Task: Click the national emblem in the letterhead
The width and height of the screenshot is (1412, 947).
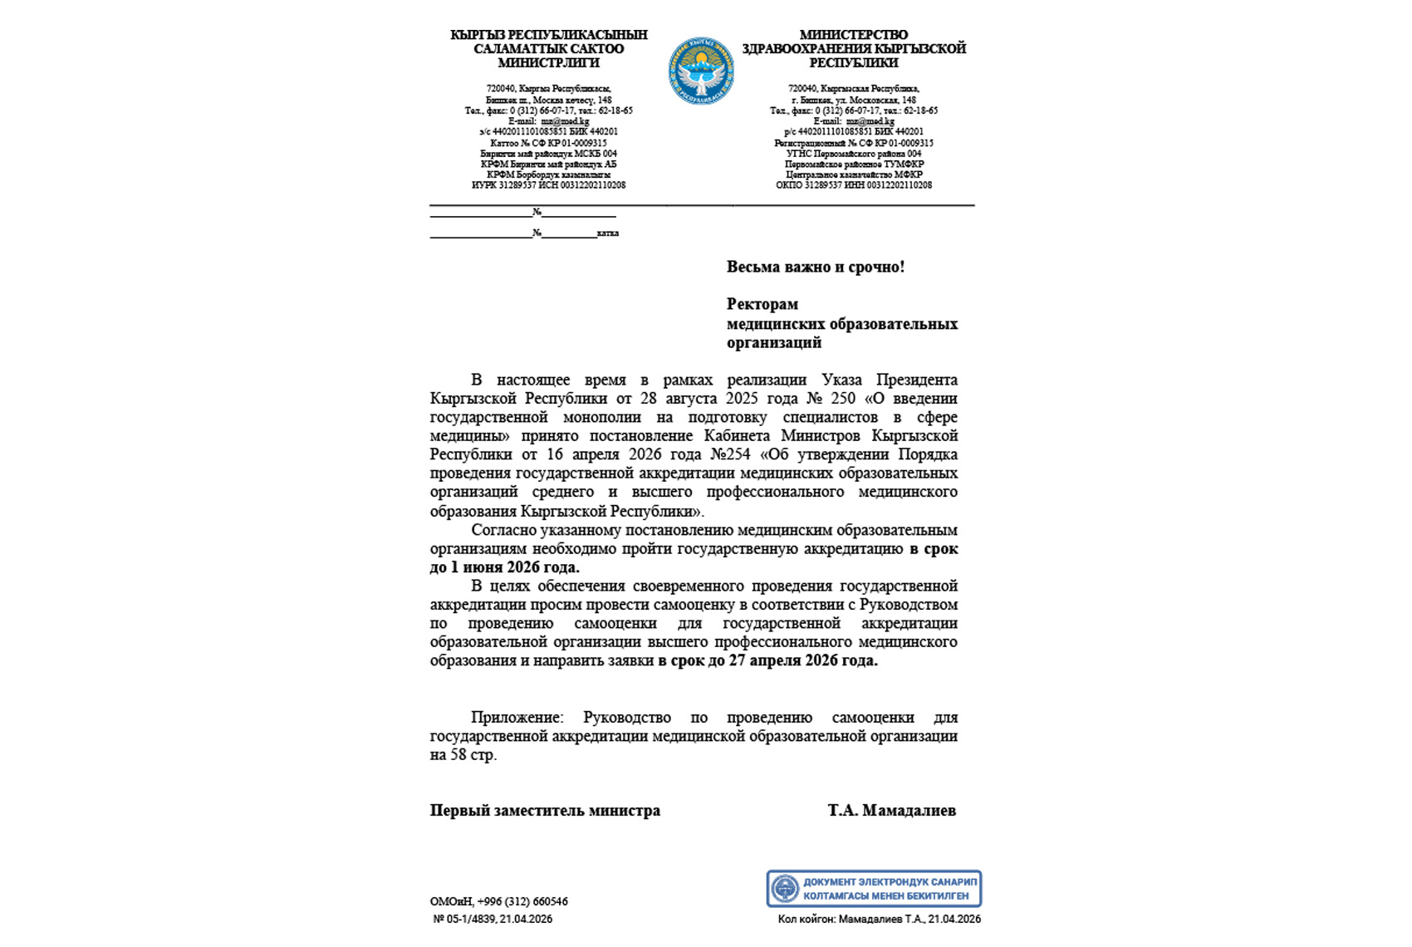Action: (701, 71)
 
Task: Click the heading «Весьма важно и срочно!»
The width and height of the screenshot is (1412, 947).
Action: (815, 267)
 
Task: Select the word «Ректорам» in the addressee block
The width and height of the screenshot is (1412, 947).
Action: (762, 304)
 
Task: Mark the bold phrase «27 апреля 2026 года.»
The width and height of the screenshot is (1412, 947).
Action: (802, 660)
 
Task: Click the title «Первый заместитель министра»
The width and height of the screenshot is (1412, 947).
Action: (545, 810)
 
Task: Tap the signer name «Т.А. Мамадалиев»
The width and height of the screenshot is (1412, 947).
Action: (891, 810)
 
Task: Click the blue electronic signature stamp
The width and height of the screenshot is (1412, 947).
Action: (873, 889)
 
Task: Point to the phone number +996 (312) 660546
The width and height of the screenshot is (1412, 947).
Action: (522, 901)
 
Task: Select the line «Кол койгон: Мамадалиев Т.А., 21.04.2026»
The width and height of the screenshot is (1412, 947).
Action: (879, 919)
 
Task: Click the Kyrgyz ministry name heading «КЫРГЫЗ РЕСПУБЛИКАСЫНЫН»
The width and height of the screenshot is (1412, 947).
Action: (549, 35)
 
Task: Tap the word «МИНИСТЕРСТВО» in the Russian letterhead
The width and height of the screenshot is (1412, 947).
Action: (854, 35)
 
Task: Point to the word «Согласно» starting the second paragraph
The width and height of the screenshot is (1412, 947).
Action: (503, 530)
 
